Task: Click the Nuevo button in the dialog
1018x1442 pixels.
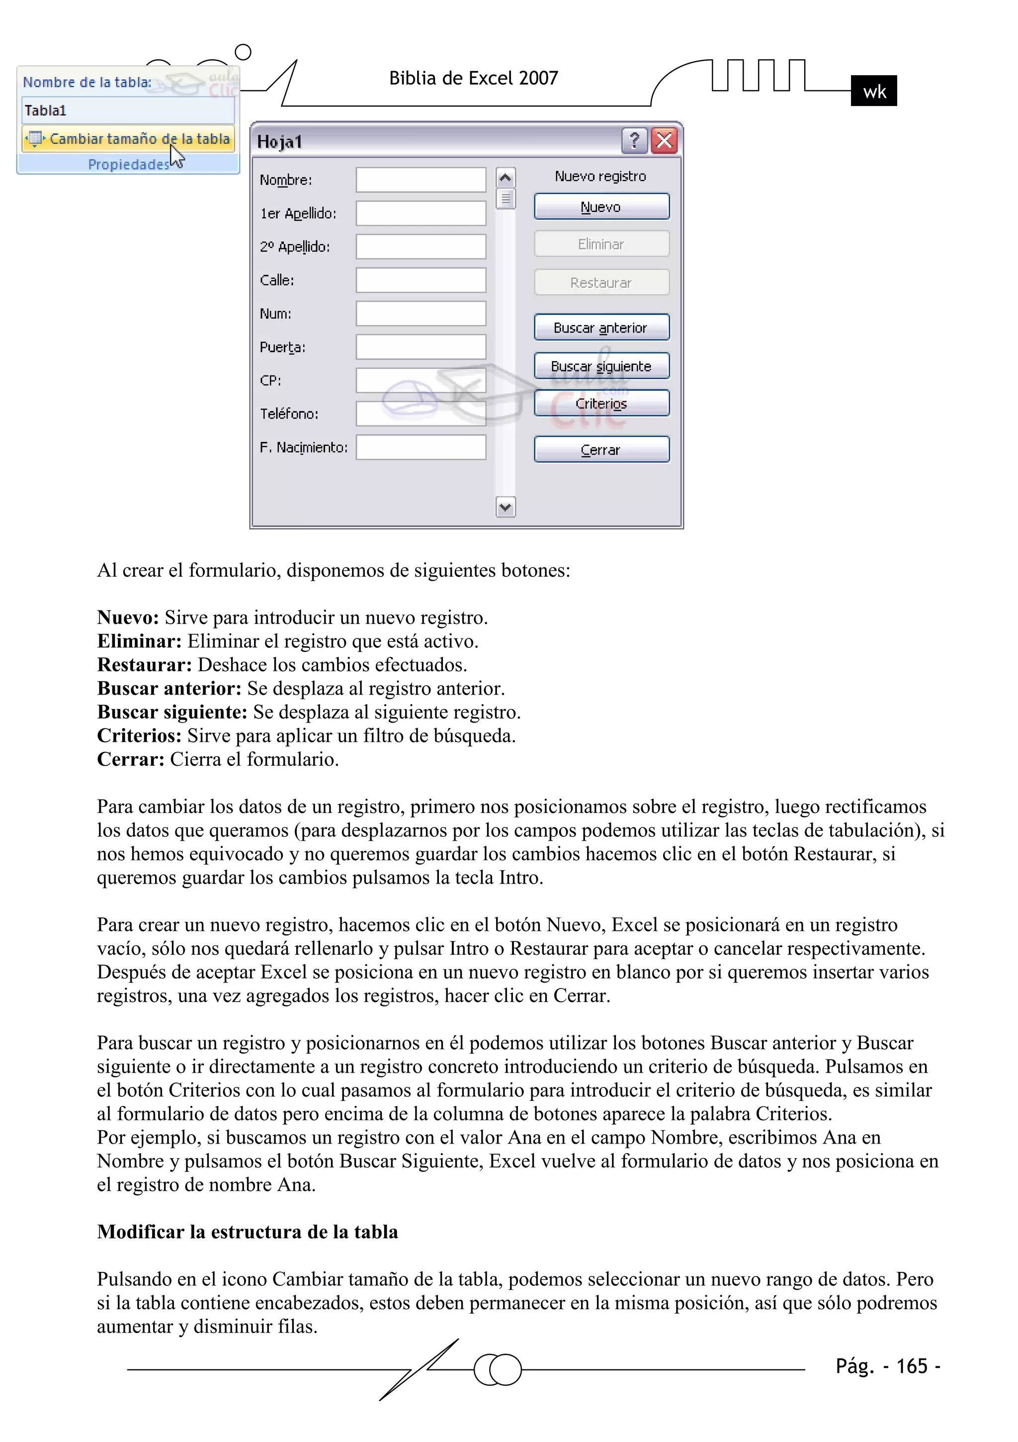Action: [601, 207]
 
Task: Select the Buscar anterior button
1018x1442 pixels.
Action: [601, 327]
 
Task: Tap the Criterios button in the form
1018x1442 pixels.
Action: [601, 403]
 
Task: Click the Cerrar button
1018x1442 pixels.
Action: [601, 450]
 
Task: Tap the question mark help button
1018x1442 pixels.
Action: [634, 141]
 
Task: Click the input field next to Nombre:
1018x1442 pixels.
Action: [421, 180]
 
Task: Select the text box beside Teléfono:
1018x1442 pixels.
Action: [421, 414]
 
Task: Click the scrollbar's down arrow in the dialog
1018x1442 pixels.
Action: [505, 507]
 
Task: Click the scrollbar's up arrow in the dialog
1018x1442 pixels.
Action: [505, 179]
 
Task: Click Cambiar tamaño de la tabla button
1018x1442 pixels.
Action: [129, 139]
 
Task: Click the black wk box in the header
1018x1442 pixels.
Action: [873, 91]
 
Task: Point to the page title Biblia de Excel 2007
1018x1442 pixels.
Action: [474, 78]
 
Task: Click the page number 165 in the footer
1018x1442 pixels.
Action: [911, 1366]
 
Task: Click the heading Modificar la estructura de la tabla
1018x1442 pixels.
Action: [248, 1232]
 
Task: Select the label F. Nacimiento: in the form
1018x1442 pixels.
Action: [303, 447]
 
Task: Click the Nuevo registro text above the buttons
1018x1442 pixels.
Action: [600, 177]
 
